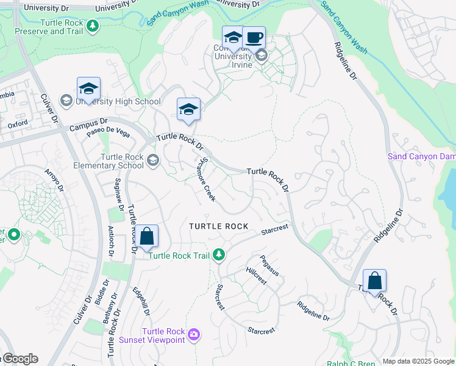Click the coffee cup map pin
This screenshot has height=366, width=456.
pos(254,38)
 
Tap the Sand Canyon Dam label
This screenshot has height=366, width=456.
pos(421,157)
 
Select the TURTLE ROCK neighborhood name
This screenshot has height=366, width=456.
pos(218,226)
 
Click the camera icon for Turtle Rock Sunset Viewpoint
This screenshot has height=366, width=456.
pos(194,333)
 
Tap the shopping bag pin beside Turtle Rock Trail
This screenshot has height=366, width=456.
pos(146,237)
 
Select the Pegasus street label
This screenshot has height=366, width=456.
pos(269,265)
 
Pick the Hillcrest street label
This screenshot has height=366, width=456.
pos(256,276)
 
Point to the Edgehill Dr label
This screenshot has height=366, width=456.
pos(144,302)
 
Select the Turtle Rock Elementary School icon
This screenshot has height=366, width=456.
pos(152,160)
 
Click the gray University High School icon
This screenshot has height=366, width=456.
pos(66,100)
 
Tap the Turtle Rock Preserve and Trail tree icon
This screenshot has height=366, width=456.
pos(92,26)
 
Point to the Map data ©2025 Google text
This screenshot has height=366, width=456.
pos(418,361)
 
